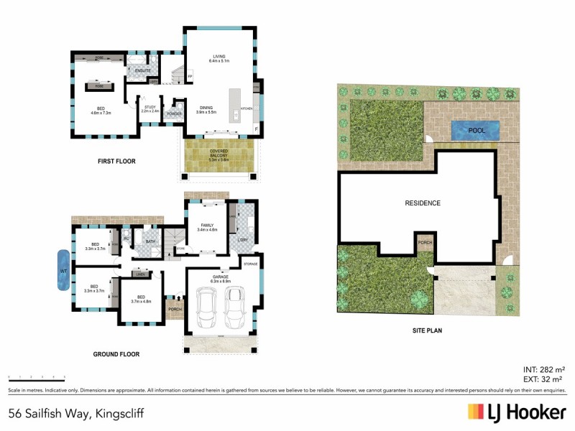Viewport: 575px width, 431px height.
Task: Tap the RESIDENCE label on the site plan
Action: (x=422, y=203)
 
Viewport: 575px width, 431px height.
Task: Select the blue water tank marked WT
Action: (x=63, y=269)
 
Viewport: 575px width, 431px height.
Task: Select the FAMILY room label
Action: (x=207, y=226)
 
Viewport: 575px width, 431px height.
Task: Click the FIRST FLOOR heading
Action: (x=116, y=161)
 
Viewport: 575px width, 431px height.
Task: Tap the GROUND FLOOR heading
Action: (x=116, y=354)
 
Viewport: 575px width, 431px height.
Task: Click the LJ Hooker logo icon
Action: (x=475, y=412)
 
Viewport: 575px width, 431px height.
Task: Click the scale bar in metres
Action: (x=36, y=376)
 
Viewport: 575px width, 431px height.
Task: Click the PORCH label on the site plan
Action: (x=425, y=242)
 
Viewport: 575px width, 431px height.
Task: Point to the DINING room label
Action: (x=207, y=108)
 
